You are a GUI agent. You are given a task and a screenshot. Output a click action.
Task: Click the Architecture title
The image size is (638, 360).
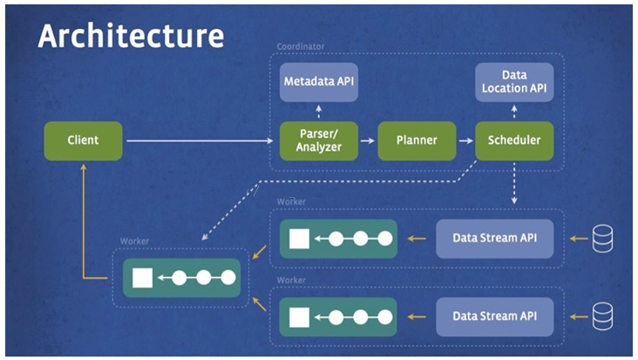tap(131, 36)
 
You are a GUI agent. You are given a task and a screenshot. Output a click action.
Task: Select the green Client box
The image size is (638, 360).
tap(83, 140)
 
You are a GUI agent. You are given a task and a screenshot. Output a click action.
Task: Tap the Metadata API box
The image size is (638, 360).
tap(319, 82)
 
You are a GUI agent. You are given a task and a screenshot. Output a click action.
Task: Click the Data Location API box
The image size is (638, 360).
tap(514, 82)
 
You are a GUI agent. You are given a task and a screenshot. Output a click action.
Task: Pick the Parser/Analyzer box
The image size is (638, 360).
tap(319, 140)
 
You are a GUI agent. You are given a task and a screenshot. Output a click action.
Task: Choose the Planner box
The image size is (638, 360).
tap(417, 140)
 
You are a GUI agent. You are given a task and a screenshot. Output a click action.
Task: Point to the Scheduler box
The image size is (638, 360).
tap(514, 140)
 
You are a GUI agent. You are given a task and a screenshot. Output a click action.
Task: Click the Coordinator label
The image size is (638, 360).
tap(301, 46)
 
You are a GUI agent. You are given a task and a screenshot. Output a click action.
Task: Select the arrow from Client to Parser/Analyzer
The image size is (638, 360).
tap(200, 140)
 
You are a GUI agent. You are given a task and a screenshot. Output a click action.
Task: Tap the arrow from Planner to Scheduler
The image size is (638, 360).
tap(466, 140)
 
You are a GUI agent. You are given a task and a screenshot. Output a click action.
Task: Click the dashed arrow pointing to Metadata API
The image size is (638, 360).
tap(319, 112)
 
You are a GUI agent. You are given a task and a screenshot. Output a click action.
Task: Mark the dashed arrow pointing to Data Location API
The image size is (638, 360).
tap(514, 112)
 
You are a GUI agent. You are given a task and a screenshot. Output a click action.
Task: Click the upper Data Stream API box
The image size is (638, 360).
tap(495, 238)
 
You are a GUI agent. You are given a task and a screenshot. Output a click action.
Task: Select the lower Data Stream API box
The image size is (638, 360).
tap(495, 316)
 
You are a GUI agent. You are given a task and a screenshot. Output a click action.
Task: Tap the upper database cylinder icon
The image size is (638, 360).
tap(602, 238)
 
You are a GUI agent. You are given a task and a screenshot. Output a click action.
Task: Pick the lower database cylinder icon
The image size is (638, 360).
tap(602, 316)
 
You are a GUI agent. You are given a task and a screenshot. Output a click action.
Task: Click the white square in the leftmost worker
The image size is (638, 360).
tap(142, 278)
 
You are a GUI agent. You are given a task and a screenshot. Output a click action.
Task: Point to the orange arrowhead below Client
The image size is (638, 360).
tap(84, 166)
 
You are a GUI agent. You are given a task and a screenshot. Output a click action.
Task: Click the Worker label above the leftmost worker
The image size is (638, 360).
tap(134, 241)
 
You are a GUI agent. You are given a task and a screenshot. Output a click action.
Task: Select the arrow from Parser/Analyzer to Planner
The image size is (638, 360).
tap(368, 140)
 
